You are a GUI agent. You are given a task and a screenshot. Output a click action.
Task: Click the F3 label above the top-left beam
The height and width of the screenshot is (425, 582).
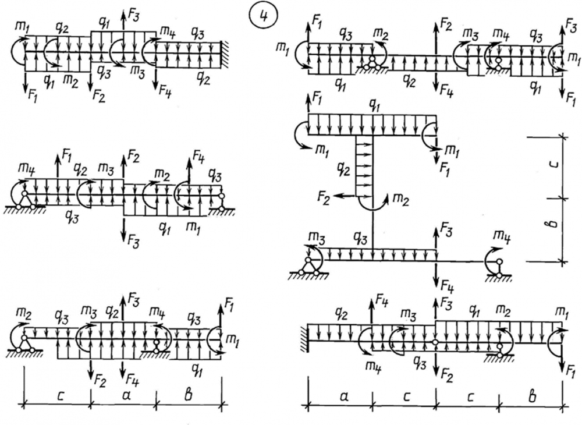134,16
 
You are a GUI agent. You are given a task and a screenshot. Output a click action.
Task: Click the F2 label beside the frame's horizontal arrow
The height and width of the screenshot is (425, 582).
322,201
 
